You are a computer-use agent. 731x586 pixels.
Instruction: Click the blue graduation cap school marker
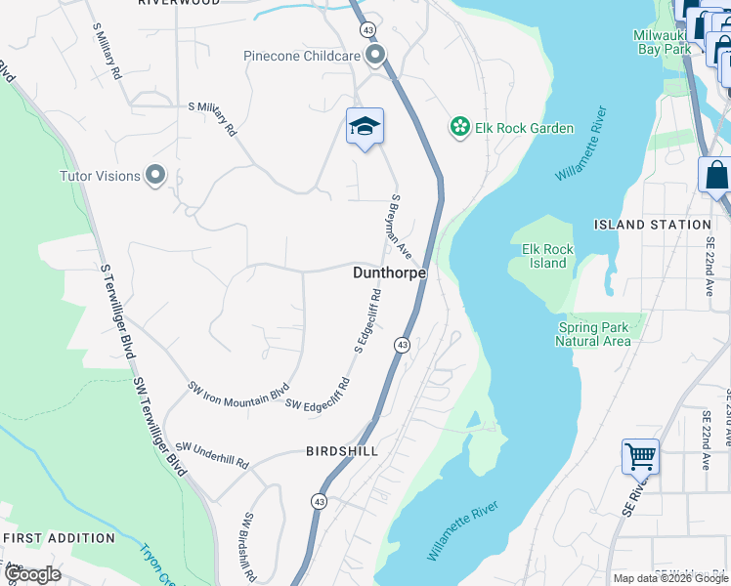point(365,127)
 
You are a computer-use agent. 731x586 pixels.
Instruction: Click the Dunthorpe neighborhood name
point(389,273)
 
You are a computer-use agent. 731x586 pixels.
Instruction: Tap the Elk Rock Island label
point(548,256)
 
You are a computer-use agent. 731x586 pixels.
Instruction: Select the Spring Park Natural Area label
point(592,334)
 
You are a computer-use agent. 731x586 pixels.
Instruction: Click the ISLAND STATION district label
point(647,225)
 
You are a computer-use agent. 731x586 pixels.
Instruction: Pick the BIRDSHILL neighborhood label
point(340,451)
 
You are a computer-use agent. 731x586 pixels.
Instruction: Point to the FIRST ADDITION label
point(58,538)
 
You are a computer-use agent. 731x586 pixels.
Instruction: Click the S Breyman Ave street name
point(402,226)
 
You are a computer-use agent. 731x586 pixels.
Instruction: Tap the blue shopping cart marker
point(640,455)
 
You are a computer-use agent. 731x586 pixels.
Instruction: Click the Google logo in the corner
point(31,574)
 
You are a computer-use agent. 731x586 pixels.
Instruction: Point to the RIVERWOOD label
point(179,3)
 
